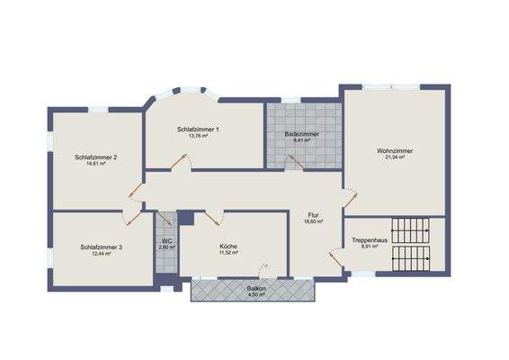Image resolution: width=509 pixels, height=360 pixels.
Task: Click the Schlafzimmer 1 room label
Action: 198,130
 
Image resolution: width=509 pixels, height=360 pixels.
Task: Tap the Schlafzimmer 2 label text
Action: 97,157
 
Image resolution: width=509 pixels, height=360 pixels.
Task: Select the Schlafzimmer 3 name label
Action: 102,246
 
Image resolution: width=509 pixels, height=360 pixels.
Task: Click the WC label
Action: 166,241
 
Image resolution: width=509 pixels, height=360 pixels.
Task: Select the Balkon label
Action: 256,287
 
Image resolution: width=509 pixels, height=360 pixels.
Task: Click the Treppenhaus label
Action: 369,240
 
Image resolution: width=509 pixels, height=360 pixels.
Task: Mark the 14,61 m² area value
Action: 97,164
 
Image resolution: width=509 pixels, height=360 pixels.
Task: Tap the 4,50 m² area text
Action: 256,294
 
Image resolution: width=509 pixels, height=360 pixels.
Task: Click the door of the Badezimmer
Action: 291,161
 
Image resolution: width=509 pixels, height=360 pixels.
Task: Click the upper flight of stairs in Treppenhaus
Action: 411,227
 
